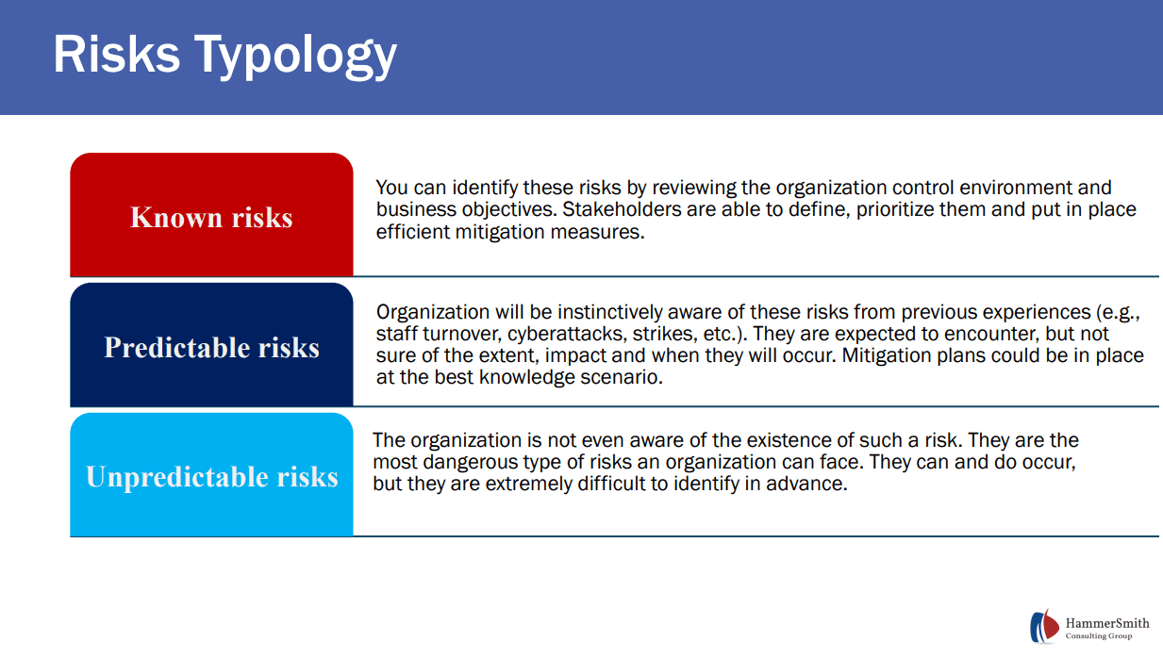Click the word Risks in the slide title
(x=116, y=54)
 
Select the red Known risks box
(x=211, y=216)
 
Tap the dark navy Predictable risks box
(x=211, y=346)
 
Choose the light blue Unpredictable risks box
(x=211, y=476)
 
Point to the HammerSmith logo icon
(x=1044, y=627)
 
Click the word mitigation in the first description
(x=495, y=231)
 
